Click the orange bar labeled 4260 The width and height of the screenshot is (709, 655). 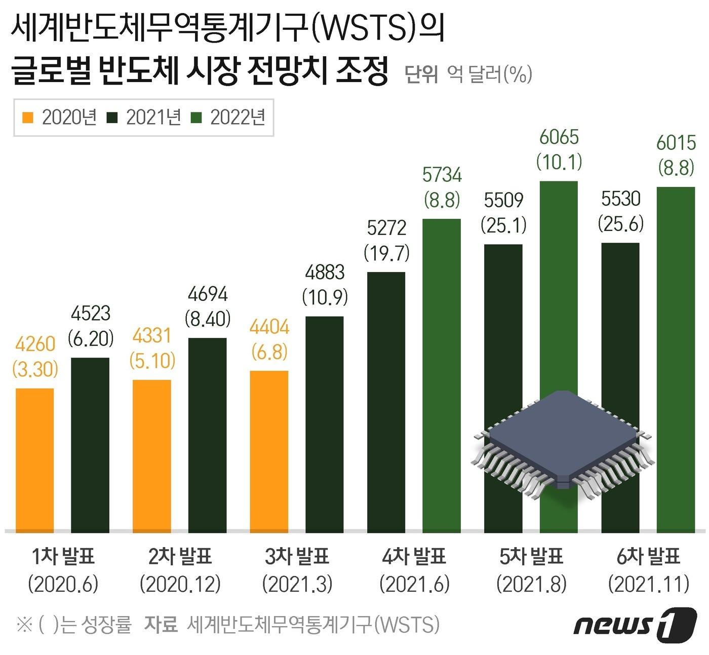pyautogui.click(x=34, y=460)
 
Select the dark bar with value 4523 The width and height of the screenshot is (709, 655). pyautogui.click(x=90, y=445)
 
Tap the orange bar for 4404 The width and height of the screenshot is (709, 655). pyautogui.click(x=269, y=451)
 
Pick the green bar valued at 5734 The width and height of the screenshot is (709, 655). pyautogui.click(x=442, y=375)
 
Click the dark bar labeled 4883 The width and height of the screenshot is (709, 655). pyautogui.click(x=324, y=424)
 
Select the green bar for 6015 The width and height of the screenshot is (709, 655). pyautogui.click(x=676, y=360)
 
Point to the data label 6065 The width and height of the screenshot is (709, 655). pyautogui.click(x=559, y=137)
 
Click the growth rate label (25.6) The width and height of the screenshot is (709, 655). pyautogui.click(x=621, y=223)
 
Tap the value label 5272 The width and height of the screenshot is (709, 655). pyautogui.click(x=386, y=228)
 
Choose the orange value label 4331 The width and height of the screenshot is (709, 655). pyautogui.click(x=152, y=336)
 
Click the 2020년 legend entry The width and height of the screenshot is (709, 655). pyautogui.click(x=60, y=118)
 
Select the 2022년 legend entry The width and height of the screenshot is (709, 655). pyautogui.click(x=228, y=118)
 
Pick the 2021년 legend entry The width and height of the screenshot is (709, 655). pyautogui.click(x=144, y=118)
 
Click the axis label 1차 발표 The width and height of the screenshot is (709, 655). pyautogui.click(x=63, y=557)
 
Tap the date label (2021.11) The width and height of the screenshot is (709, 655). pyautogui.click(x=649, y=584)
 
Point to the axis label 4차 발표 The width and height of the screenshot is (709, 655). pyautogui.click(x=414, y=557)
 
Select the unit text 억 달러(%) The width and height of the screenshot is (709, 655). pyautogui.click(x=489, y=74)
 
